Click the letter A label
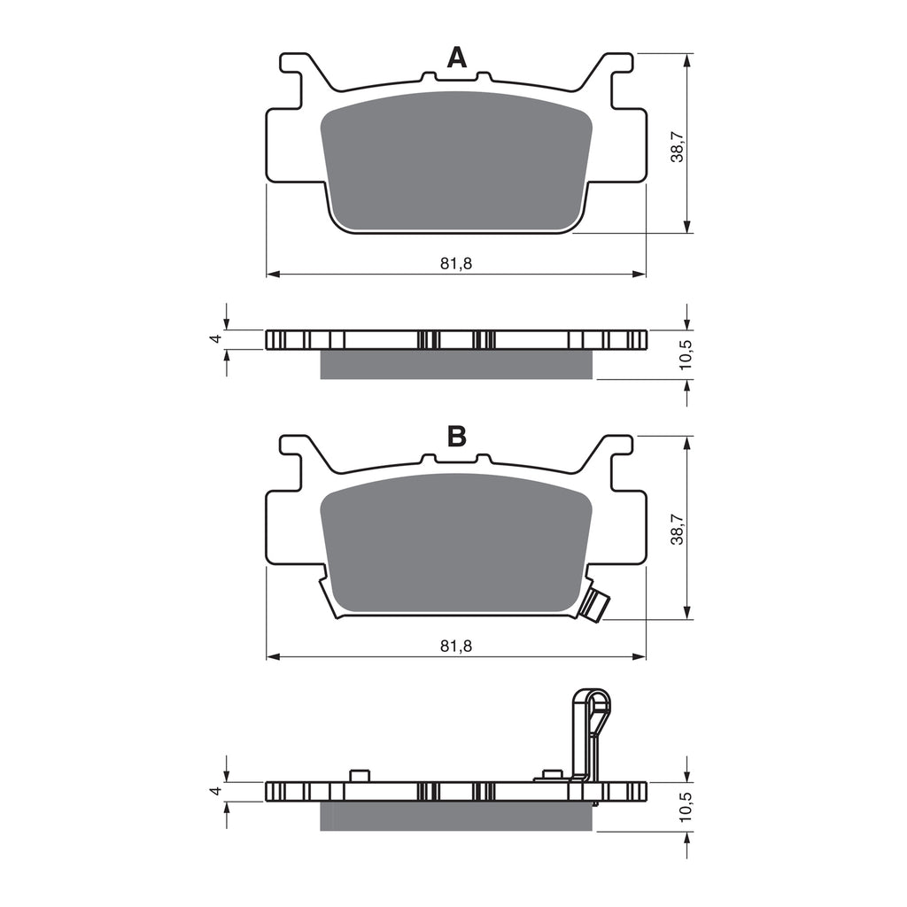tap(456, 58)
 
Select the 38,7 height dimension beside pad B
tap(677, 529)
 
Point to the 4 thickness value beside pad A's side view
tap(213, 339)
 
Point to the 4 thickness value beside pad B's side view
tap(213, 791)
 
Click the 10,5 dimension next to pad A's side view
tap(684, 354)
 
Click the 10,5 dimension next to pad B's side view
tap(684, 807)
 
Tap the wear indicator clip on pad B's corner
tap(593, 604)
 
